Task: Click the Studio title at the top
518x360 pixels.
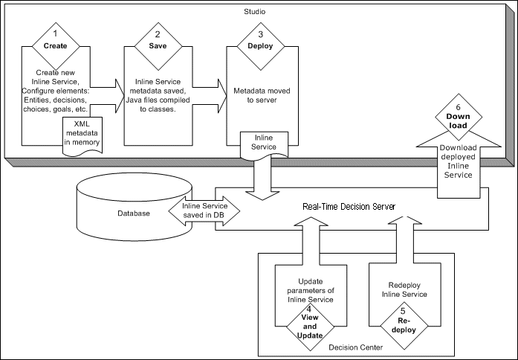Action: (255, 13)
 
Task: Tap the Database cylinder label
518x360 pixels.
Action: (135, 213)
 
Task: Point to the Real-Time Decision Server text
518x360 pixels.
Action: (348, 205)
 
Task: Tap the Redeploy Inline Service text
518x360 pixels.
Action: (404, 290)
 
